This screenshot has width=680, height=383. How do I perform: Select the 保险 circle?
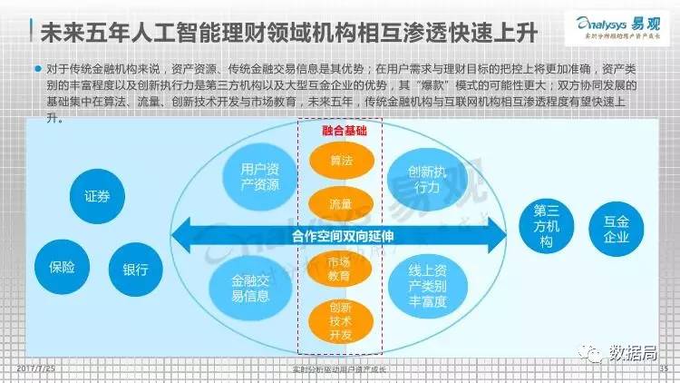(62, 267)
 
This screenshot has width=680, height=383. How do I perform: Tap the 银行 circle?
(136, 270)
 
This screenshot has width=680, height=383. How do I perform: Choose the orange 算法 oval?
(340, 161)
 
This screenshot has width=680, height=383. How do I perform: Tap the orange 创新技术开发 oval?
(340, 320)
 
